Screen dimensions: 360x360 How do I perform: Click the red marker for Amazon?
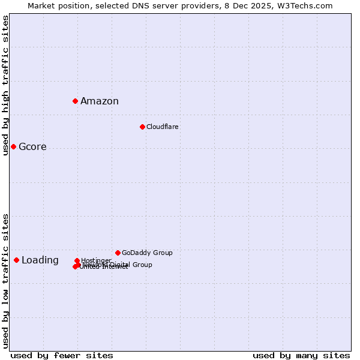(x=76, y=101)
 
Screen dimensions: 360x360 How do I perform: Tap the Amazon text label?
(x=100, y=101)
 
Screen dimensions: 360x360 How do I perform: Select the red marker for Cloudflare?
(x=142, y=127)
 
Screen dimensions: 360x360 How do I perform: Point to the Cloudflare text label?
(x=163, y=127)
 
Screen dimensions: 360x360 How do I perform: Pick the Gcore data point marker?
(x=13, y=146)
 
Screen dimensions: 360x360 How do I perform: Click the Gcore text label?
(x=32, y=147)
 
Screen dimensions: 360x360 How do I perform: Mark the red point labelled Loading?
(x=16, y=260)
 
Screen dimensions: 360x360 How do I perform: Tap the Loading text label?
(x=40, y=260)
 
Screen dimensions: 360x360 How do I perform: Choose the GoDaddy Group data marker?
(x=118, y=253)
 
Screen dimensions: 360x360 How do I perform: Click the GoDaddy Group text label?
(x=147, y=253)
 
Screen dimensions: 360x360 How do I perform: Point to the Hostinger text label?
(x=96, y=260)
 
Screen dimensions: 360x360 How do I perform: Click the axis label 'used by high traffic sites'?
(x=5, y=85)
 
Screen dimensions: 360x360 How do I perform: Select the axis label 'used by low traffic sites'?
(x=5, y=281)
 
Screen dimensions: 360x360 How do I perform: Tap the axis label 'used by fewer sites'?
(x=62, y=356)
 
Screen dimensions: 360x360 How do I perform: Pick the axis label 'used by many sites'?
(x=301, y=356)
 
